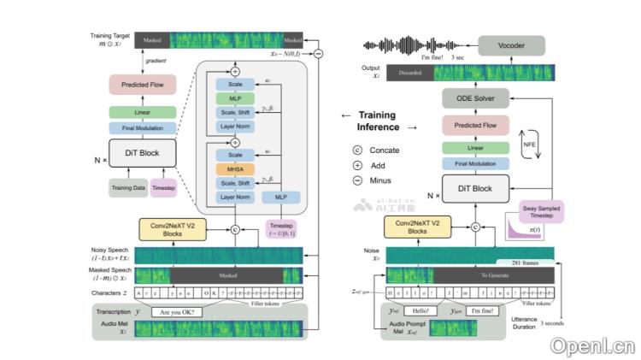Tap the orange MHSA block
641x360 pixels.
234,169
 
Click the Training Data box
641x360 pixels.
128,188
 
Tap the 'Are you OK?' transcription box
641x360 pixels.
175,312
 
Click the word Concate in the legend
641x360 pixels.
382,150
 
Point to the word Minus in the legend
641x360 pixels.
379,180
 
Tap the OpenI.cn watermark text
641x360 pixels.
592,345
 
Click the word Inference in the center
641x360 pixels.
379,127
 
